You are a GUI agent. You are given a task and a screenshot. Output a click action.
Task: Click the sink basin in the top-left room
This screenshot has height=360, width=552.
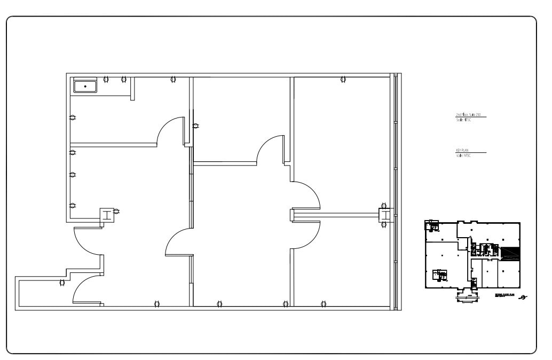point(85,86)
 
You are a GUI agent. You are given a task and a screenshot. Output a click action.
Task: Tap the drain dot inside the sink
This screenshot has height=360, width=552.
point(85,87)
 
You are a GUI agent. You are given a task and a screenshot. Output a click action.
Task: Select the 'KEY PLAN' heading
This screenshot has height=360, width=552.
point(462,151)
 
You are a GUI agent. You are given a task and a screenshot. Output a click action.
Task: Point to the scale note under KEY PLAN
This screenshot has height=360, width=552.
point(463,155)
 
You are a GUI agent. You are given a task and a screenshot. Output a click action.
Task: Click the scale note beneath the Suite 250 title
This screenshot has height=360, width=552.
point(463,120)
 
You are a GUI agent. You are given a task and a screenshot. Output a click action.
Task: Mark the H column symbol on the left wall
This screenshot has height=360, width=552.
point(108,215)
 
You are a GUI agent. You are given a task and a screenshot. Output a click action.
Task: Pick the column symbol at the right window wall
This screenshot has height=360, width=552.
point(384,215)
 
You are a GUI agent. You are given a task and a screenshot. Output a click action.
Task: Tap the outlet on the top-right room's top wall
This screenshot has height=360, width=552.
point(343,80)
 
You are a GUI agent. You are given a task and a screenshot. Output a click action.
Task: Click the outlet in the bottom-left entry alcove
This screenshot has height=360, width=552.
point(62,282)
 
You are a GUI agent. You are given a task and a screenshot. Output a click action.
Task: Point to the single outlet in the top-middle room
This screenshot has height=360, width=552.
point(195,127)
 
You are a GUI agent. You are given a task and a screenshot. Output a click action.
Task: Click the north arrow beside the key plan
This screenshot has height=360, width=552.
point(524,297)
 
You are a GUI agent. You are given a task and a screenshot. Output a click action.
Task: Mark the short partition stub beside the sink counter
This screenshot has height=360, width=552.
point(132,89)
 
